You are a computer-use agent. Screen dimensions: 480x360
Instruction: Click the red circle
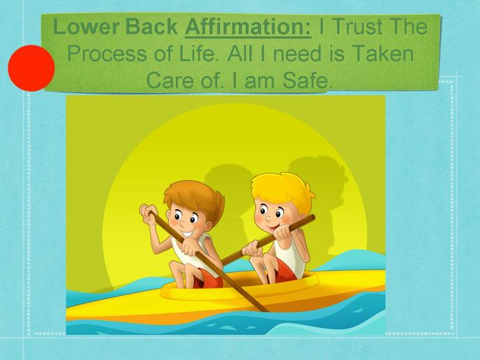pyautogui.click(x=31, y=68)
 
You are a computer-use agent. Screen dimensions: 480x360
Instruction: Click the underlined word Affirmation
pyautogui.click(x=248, y=27)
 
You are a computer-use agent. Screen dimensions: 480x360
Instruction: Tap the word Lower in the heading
pyautogui.click(x=86, y=27)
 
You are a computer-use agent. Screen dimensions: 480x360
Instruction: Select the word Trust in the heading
pyautogui.click(x=357, y=27)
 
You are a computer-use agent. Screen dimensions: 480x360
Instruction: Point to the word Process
pyautogui.click(x=107, y=54)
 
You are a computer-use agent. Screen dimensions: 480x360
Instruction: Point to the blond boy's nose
pyautogui.click(x=268, y=219)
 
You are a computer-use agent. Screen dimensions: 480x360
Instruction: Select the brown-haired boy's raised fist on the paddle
pyautogui.click(x=148, y=213)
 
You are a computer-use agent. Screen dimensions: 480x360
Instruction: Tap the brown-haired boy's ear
pyautogui.click(x=209, y=227)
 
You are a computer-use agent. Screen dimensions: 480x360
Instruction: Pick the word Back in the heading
pyautogui.click(x=151, y=27)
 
